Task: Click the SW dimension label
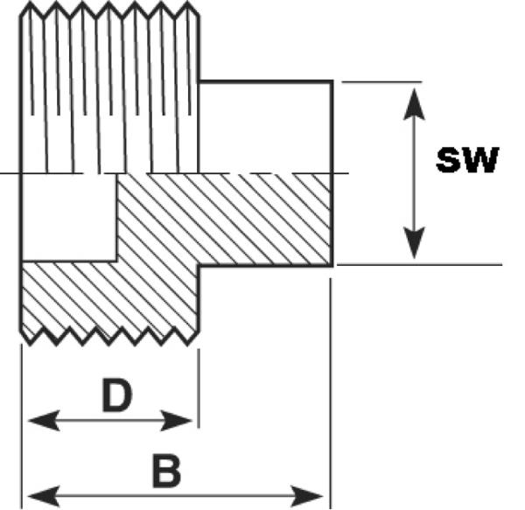[467, 160]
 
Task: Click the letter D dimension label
[115, 396]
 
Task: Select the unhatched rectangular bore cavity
[69, 216]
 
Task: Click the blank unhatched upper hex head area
[265, 127]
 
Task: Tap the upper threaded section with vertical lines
[109, 87]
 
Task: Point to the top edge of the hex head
[265, 81]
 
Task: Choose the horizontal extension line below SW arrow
[420, 263]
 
